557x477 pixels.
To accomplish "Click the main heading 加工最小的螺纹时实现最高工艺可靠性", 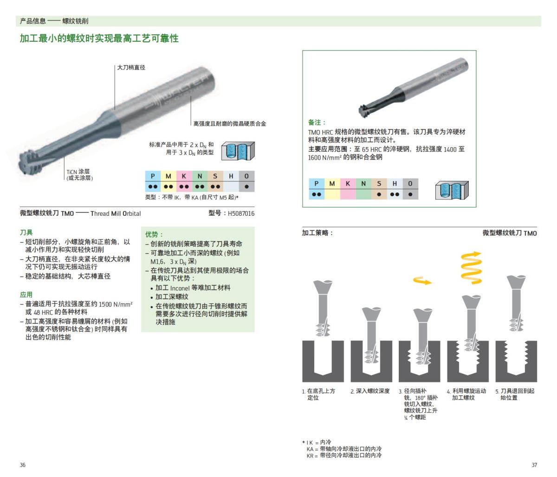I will click(99, 39).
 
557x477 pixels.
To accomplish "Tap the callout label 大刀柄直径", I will click(131, 68).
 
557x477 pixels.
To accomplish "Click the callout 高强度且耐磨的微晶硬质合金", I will click(230, 123).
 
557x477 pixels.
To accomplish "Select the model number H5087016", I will click(241, 213).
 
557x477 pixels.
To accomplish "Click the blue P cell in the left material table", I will click(152, 176).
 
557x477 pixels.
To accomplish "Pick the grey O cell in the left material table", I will click(246, 176).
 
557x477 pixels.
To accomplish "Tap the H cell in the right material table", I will click(395, 184).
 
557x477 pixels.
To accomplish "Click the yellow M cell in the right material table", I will click(332, 184).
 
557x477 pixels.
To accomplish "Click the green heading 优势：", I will click(155, 234).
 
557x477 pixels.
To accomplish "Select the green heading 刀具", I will click(26, 232).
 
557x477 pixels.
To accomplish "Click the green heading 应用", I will click(26, 295).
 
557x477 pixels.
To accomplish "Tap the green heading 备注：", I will click(317, 122).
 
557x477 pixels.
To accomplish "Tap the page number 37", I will click(534, 465).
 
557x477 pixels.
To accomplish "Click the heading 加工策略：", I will click(318, 233).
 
